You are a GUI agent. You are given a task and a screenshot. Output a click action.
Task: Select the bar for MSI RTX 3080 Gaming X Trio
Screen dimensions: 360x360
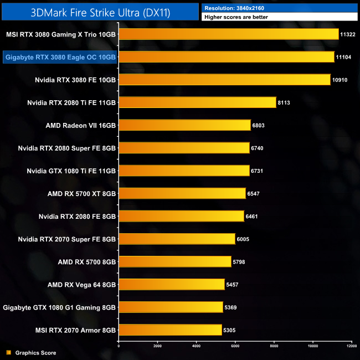tap(228, 34)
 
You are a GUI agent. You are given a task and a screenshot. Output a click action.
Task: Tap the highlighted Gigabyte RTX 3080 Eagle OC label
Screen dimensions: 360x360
tap(60, 57)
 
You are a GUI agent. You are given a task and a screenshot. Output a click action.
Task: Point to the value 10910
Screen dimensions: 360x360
tap(340, 80)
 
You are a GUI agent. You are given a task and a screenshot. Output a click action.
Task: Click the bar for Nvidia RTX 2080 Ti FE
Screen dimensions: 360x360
tap(197, 102)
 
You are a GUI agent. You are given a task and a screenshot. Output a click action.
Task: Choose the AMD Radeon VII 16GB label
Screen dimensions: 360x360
tap(81, 125)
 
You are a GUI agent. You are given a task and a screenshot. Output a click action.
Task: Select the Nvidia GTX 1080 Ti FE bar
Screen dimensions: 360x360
tap(184, 171)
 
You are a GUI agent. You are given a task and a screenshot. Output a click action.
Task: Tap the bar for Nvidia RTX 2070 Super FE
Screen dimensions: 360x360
tap(177, 239)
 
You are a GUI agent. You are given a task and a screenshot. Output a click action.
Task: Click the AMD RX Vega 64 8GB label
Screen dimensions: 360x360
tap(82, 284)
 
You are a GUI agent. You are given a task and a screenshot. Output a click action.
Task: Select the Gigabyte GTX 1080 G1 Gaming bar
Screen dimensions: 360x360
tap(171, 307)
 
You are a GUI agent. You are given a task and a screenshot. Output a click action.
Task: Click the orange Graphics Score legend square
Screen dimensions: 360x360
tap(8, 352)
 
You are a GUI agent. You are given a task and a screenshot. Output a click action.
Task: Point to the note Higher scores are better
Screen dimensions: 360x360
tap(235, 17)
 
